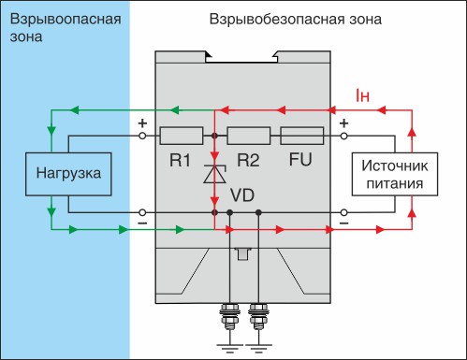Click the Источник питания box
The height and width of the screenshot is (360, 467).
coord(388,174)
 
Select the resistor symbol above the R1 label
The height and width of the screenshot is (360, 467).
coord(182,136)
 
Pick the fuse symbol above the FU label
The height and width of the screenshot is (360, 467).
coord(302,136)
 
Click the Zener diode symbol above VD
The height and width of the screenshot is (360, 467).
coord(215,174)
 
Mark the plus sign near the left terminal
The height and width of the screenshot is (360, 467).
coord(143,122)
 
